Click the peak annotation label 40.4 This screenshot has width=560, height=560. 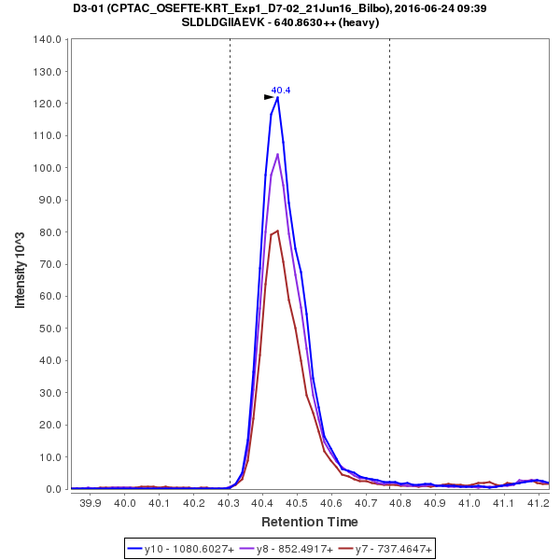tap(281, 91)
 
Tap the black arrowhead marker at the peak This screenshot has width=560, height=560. tap(269, 97)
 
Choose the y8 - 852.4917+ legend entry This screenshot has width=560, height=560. tap(287, 548)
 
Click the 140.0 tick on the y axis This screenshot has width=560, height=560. tap(47, 40)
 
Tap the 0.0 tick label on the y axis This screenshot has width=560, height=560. tap(52, 489)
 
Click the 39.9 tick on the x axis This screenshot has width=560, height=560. tap(91, 503)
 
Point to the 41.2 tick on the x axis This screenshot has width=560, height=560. tap(537, 503)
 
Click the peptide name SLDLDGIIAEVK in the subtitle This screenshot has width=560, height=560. tap(229, 22)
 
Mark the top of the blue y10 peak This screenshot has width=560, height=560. tap(277, 97)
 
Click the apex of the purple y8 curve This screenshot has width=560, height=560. tap(277, 154)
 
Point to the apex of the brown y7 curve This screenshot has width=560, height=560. tap(277, 231)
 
